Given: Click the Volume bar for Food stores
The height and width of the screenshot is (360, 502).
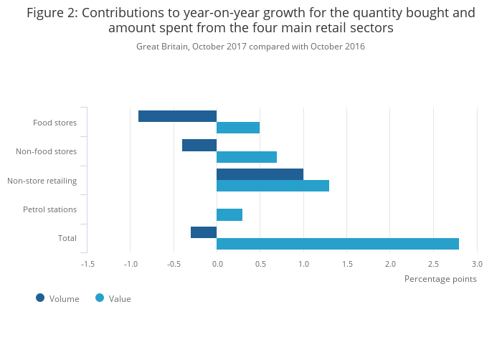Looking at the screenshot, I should tap(178, 116).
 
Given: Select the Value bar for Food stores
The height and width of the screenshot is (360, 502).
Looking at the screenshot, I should tap(238, 128).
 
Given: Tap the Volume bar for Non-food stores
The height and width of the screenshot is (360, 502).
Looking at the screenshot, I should tap(199, 145).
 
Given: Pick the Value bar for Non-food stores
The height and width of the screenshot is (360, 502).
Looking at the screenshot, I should tap(247, 157).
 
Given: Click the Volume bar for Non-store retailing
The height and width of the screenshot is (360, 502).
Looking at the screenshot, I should tap(260, 174).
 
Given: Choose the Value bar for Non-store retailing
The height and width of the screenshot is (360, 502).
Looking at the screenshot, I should tap(273, 186).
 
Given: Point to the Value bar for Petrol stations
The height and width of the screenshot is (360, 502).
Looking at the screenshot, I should tap(229, 214).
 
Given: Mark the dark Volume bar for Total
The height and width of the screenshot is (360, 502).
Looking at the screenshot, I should tap(204, 232).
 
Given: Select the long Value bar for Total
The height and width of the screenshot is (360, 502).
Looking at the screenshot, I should tap(337, 244).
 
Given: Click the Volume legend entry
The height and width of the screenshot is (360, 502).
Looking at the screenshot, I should tap(57, 298).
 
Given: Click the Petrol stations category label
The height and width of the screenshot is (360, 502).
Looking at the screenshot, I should tap(49, 209).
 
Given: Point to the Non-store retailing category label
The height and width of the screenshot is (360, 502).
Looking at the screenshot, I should tap(42, 180).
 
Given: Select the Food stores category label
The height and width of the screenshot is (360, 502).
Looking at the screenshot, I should tap(55, 123).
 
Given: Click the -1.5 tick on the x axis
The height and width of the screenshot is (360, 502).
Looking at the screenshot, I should tap(87, 264).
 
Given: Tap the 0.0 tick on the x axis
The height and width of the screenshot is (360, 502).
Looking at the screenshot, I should tap(217, 264).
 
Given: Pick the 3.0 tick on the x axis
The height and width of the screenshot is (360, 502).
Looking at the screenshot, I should tap(476, 264).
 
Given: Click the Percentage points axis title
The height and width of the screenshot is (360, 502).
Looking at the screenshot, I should tap(440, 279).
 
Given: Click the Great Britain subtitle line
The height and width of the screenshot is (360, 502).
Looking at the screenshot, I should tap(250, 47).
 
